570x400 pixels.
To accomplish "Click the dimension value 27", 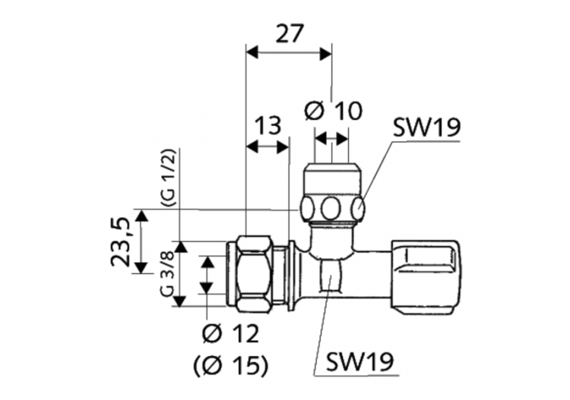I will point(289,33).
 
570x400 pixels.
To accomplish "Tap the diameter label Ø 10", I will point(333,112).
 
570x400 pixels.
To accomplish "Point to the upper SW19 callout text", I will point(426,128).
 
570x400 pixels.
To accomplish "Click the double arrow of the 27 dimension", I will point(289,53).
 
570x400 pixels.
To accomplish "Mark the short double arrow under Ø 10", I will point(332,138).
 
